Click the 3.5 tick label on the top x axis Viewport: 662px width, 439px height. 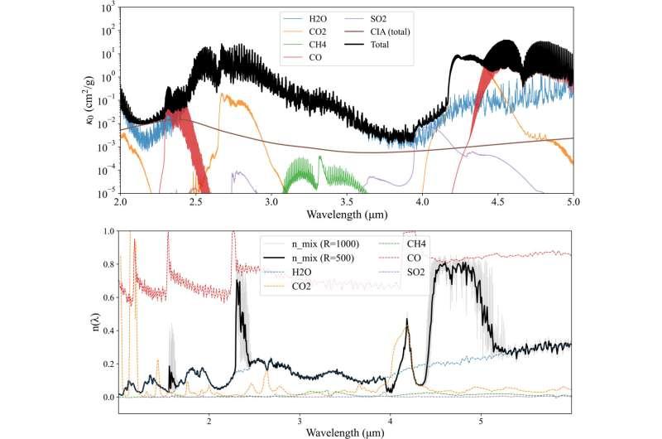coord(347,201)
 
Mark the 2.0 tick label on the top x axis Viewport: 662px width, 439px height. coord(120,201)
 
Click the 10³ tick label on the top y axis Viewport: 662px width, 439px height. coord(104,7)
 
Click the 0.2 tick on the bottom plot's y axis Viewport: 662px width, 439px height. coord(106,364)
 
